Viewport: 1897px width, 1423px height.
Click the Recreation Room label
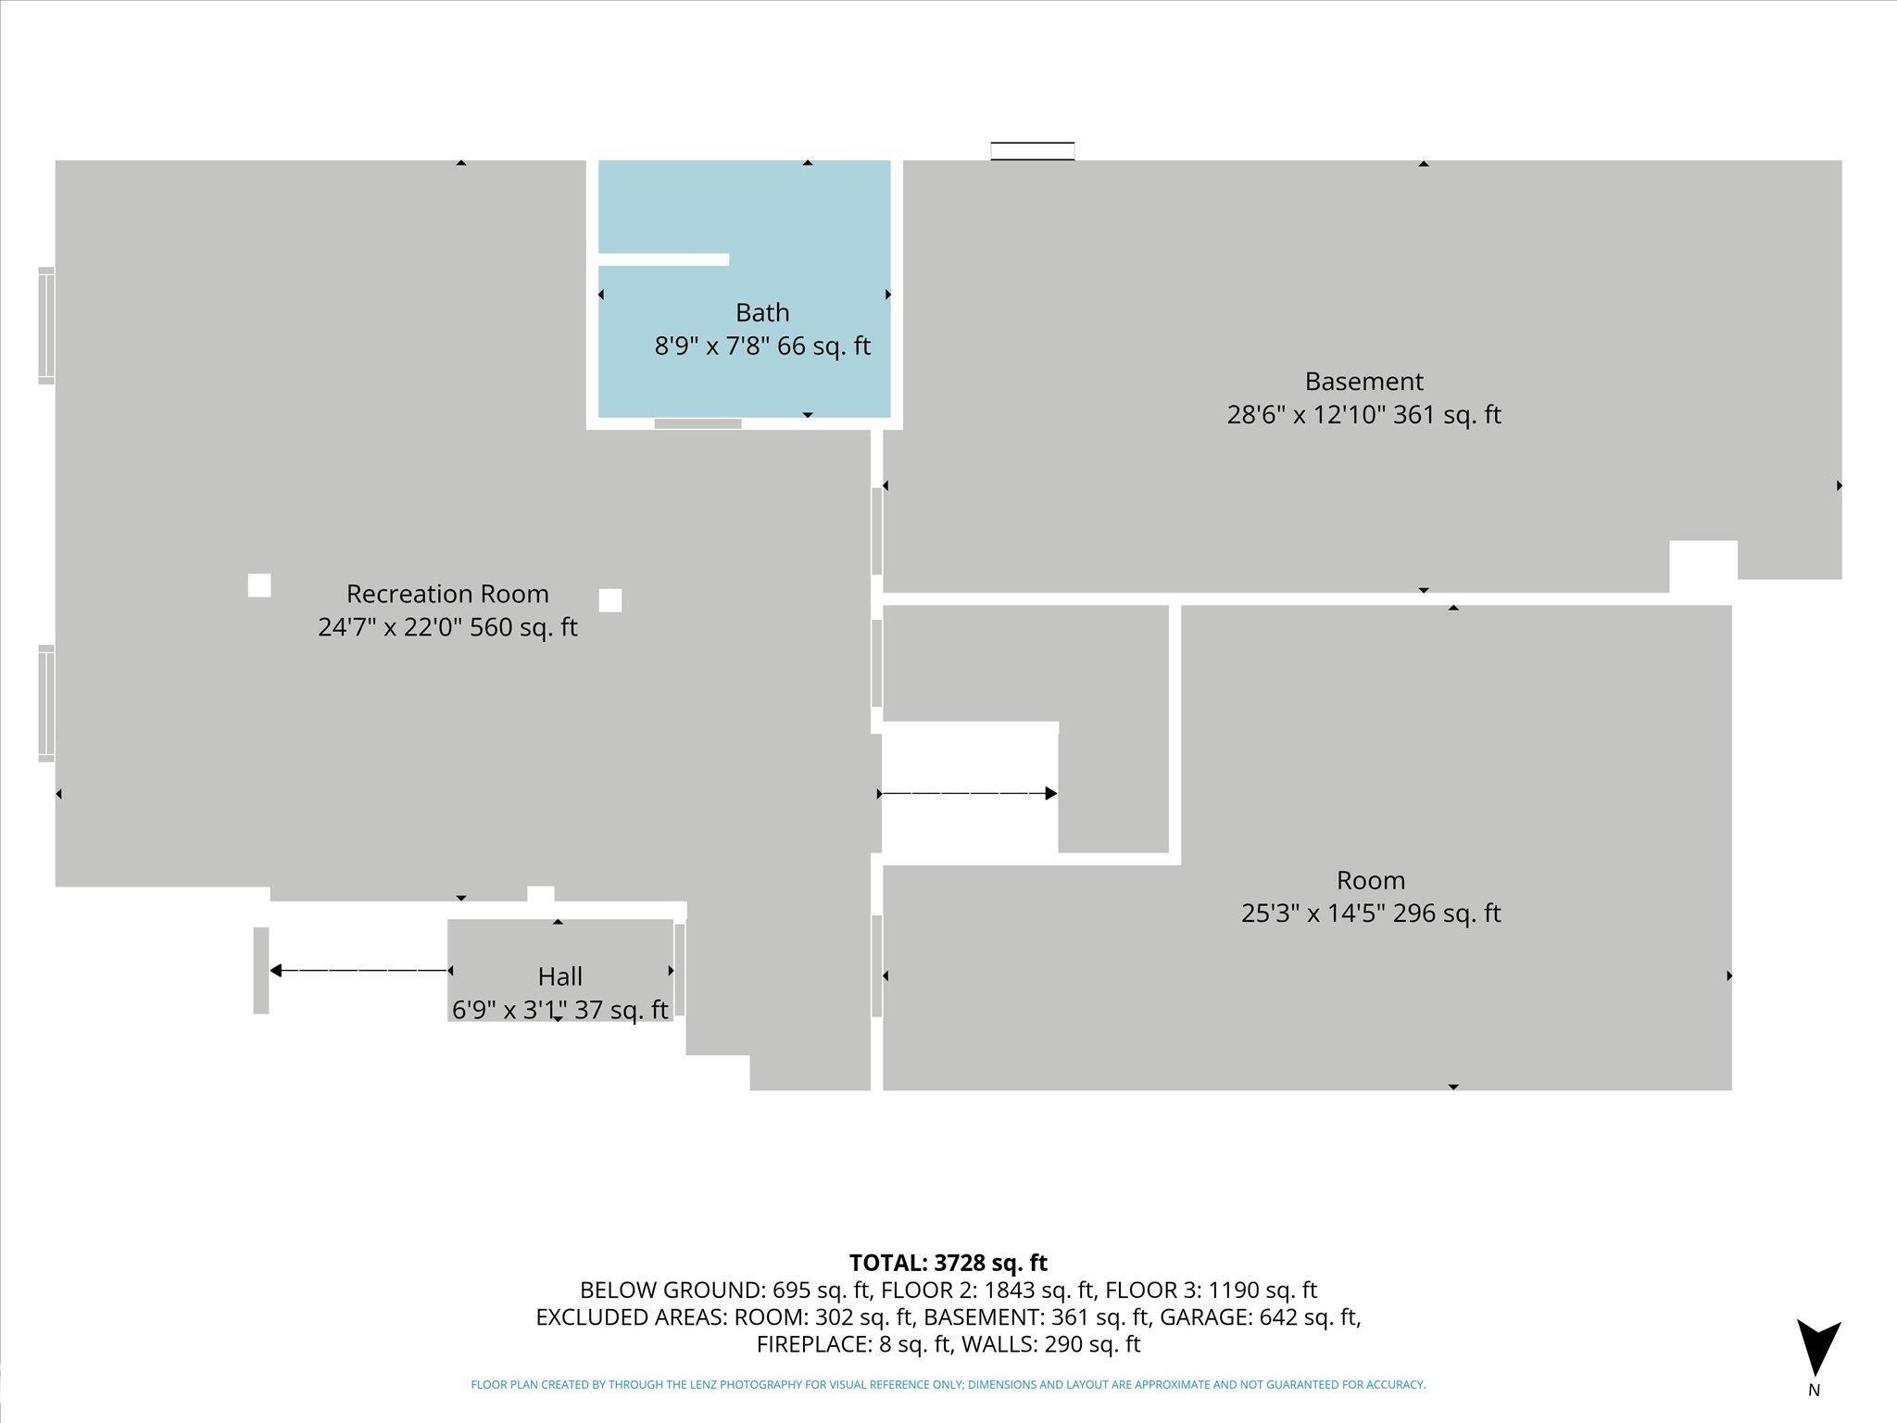pyautogui.click(x=447, y=594)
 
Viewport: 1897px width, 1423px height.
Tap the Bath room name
pyautogui.click(x=762, y=312)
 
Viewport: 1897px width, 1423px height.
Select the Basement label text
pyautogui.click(x=1363, y=381)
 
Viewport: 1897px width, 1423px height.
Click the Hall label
pyautogui.click(x=560, y=976)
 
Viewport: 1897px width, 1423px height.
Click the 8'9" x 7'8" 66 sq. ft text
pyautogui.click(x=762, y=346)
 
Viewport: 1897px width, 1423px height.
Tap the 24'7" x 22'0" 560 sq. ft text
pyautogui.click(x=447, y=627)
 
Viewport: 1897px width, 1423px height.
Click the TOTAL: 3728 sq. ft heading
pyautogui.click(x=948, y=1263)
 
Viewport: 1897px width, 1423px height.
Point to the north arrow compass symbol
pyautogui.click(x=1818, y=1350)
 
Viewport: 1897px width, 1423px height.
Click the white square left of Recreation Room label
pyautogui.click(x=259, y=586)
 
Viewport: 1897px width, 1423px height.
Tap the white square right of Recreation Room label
pyautogui.click(x=610, y=600)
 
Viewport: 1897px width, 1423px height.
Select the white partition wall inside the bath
pyautogui.click(x=663, y=259)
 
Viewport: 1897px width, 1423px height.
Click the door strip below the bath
pyautogui.click(x=697, y=424)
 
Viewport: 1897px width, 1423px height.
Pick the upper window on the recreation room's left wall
pyautogui.click(x=46, y=325)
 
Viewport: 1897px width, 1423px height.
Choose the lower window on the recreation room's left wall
pyautogui.click(x=46, y=703)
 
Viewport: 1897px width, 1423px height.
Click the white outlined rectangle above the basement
pyautogui.click(x=1033, y=151)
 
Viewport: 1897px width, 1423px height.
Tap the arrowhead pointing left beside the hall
pyautogui.click(x=275, y=970)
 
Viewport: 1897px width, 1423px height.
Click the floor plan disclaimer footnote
pyautogui.click(x=948, y=1385)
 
